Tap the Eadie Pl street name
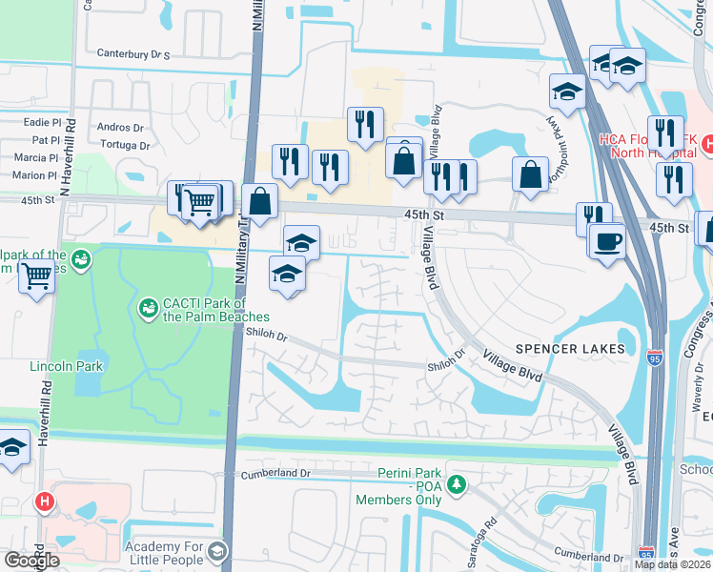tap(41, 122)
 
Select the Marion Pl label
tap(35, 175)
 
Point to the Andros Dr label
tap(120, 127)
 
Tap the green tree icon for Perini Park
tap(457, 484)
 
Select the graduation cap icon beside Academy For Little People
tap(217, 551)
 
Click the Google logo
tap(31, 561)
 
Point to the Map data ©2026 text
tap(673, 564)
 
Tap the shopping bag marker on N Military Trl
tap(259, 201)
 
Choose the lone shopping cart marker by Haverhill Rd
tap(36, 277)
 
